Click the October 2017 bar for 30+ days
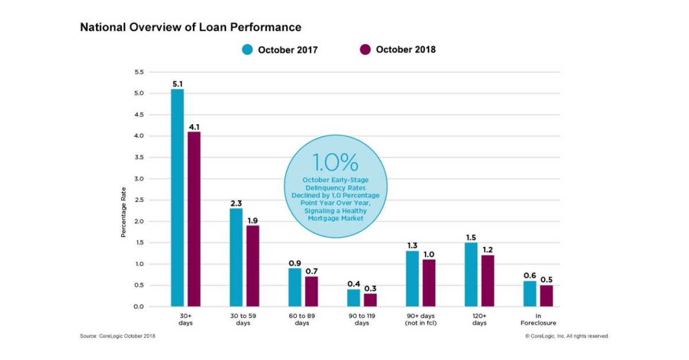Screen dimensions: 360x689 tap(177, 198)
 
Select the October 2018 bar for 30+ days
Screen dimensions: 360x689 tap(193, 219)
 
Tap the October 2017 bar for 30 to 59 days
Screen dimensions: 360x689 tap(236, 257)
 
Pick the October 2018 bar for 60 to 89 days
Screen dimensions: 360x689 tap(311, 292)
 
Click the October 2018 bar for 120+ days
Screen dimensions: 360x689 tap(487, 281)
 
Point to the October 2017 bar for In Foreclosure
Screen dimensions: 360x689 tap(529, 293)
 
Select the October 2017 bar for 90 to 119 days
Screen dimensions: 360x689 tap(354, 298)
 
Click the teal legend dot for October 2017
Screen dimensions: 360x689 tap(247, 50)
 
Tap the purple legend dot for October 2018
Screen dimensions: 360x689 tap(365, 50)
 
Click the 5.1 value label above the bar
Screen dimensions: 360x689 tap(178, 84)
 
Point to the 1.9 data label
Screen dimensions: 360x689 tap(253, 220)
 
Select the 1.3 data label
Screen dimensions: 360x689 tap(412, 246)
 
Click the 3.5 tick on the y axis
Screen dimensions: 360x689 tap(138, 157)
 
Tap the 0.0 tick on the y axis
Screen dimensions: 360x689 tap(138, 307)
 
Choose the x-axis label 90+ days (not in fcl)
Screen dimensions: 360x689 tap(420, 319)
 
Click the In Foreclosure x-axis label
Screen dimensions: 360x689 tap(537, 319)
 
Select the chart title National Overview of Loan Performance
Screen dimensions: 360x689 tap(191, 27)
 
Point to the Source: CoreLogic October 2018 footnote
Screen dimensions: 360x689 tap(117, 336)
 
